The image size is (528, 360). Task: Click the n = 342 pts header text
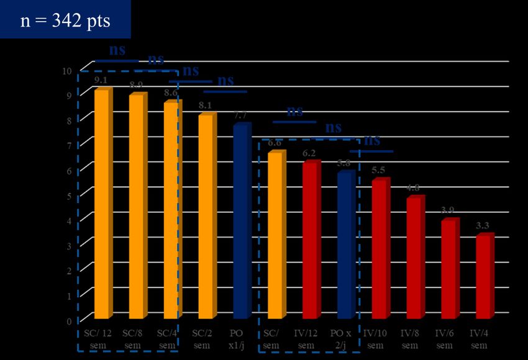(65, 20)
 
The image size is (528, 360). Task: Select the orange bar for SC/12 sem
(101, 205)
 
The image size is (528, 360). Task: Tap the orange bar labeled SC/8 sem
(136, 208)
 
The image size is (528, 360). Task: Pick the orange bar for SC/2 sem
(206, 217)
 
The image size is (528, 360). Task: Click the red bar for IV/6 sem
(448, 269)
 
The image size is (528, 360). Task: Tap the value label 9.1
(101, 80)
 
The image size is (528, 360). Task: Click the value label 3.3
(483, 225)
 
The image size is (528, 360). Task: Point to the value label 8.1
(205, 105)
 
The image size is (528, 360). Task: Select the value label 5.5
(379, 170)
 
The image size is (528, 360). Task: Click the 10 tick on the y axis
(67, 71)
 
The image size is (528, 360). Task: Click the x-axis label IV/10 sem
(379, 339)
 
